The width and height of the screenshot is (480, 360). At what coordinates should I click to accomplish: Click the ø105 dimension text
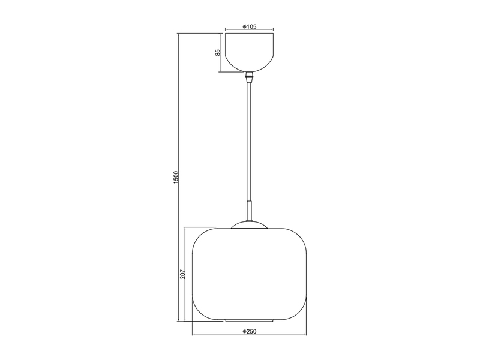(x=250, y=26)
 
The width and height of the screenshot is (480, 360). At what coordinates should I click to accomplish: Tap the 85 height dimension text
(x=218, y=52)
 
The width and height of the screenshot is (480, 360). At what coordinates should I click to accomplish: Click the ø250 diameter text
(x=250, y=331)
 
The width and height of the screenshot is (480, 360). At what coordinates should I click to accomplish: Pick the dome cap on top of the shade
(x=250, y=224)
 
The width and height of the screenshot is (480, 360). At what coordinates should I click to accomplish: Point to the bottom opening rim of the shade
(x=250, y=319)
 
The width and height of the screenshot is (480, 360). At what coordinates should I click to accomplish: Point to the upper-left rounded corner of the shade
(x=199, y=235)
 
